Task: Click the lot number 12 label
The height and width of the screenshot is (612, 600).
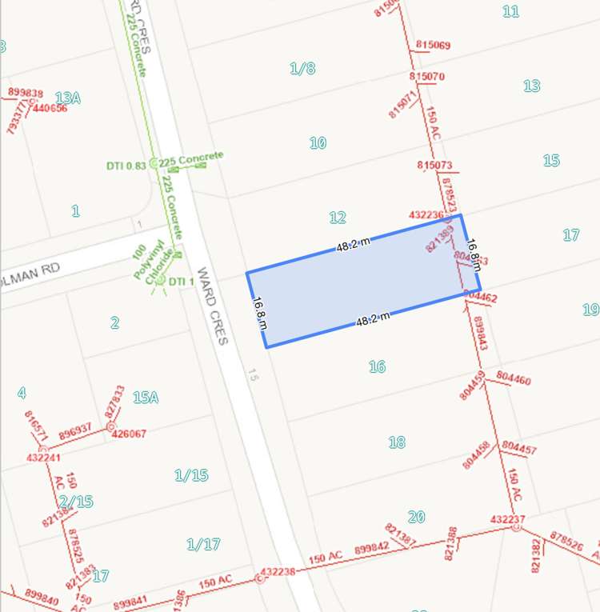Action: (338, 217)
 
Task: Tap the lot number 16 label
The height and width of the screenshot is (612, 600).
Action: (378, 366)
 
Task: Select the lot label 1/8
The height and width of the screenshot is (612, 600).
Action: (302, 68)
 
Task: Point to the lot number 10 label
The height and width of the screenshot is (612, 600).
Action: (318, 142)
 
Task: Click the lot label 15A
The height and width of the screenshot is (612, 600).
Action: (146, 396)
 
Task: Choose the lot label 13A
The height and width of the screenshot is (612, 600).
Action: (68, 98)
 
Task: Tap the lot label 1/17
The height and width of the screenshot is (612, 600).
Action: (203, 544)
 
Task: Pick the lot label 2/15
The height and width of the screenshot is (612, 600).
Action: (76, 502)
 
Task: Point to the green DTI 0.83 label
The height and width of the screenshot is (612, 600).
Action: (126, 166)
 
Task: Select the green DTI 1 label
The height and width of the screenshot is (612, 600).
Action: (182, 281)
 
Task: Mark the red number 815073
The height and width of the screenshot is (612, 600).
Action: (435, 166)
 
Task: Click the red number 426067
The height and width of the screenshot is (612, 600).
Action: (129, 434)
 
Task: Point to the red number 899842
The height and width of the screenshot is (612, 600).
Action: (371, 547)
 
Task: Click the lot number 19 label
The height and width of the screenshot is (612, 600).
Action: (590, 309)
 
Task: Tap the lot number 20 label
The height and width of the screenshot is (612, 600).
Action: (416, 517)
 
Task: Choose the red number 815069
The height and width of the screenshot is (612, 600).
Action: (434, 45)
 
